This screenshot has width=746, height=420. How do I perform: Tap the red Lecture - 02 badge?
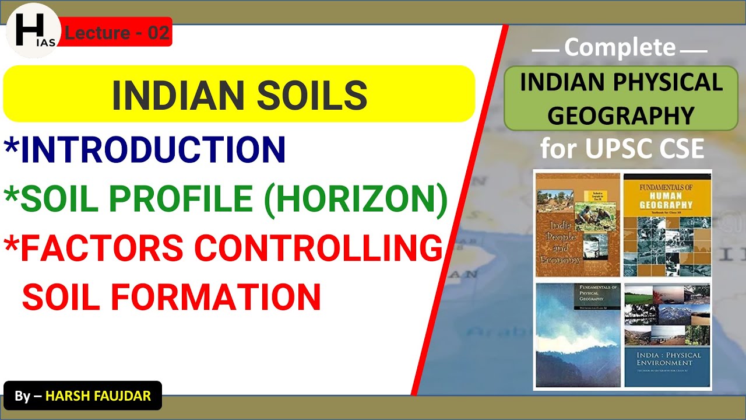point(117,33)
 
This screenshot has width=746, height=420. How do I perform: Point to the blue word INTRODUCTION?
point(153,150)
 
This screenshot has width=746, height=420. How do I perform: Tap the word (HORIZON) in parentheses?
point(356,199)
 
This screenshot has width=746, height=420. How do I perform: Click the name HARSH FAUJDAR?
point(98,396)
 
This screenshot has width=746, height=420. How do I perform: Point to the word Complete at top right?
point(620,48)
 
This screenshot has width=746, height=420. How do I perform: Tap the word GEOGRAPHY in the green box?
point(621,116)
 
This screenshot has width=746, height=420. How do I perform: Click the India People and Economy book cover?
point(577,225)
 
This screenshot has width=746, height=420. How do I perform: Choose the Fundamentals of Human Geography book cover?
point(667,225)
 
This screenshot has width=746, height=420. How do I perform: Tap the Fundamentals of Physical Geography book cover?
point(577,335)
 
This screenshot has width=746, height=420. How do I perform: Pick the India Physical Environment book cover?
point(667,335)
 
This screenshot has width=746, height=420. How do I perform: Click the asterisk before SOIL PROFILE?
point(11,195)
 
